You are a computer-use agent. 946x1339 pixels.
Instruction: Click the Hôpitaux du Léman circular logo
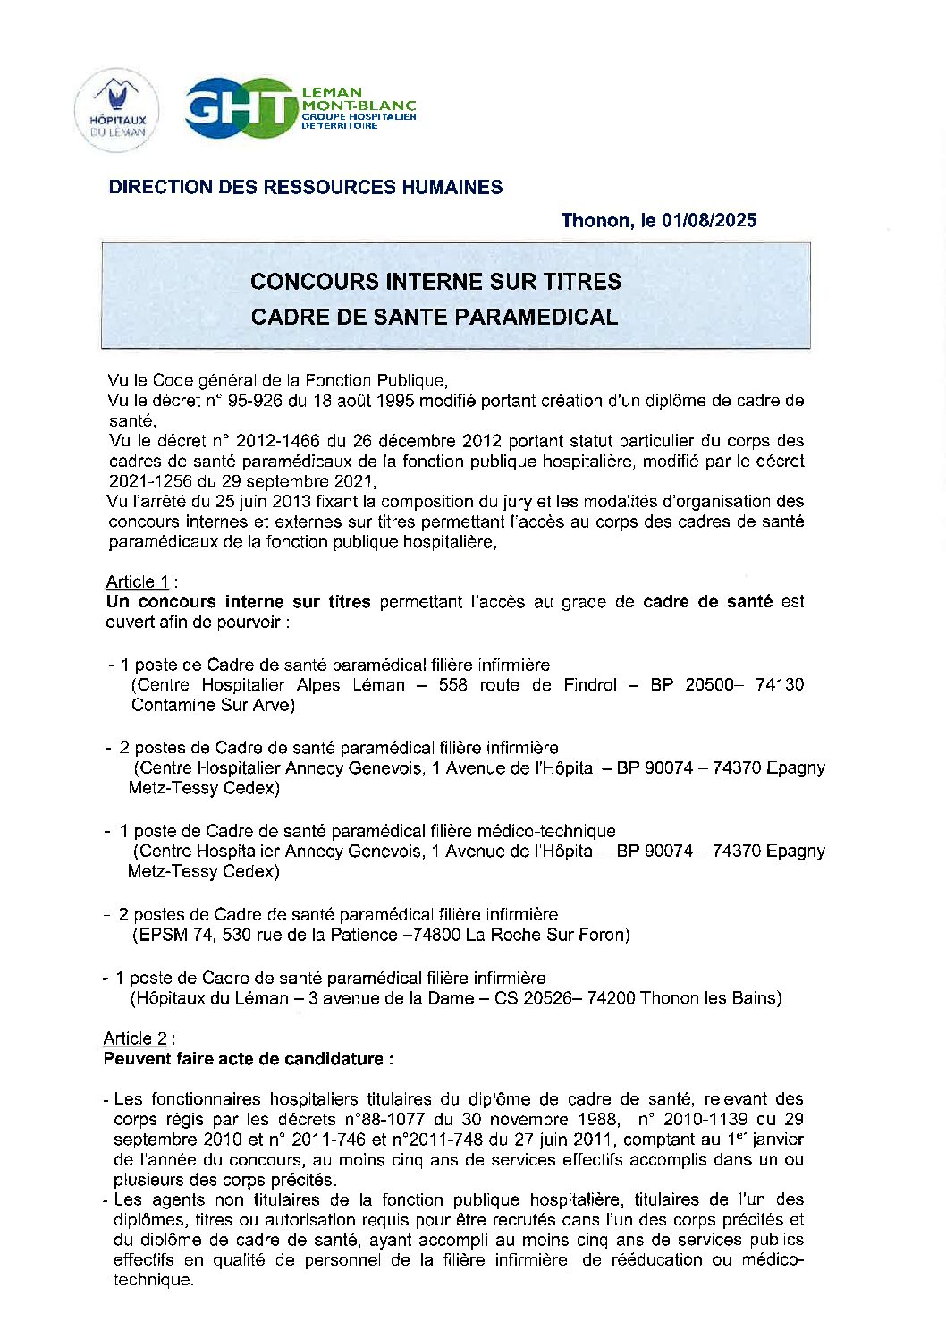click(x=117, y=111)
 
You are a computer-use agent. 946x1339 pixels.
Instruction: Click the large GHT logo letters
click(x=240, y=109)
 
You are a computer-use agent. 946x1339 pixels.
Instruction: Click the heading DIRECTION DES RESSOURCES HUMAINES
click(x=305, y=187)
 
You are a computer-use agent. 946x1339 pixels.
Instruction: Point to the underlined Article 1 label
click(x=137, y=581)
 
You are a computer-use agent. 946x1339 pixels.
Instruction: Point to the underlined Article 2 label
click(x=135, y=1038)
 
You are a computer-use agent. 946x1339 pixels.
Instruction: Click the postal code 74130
click(x=779, y=684)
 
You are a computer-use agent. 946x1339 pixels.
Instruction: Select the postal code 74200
click(x=611, y=998)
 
